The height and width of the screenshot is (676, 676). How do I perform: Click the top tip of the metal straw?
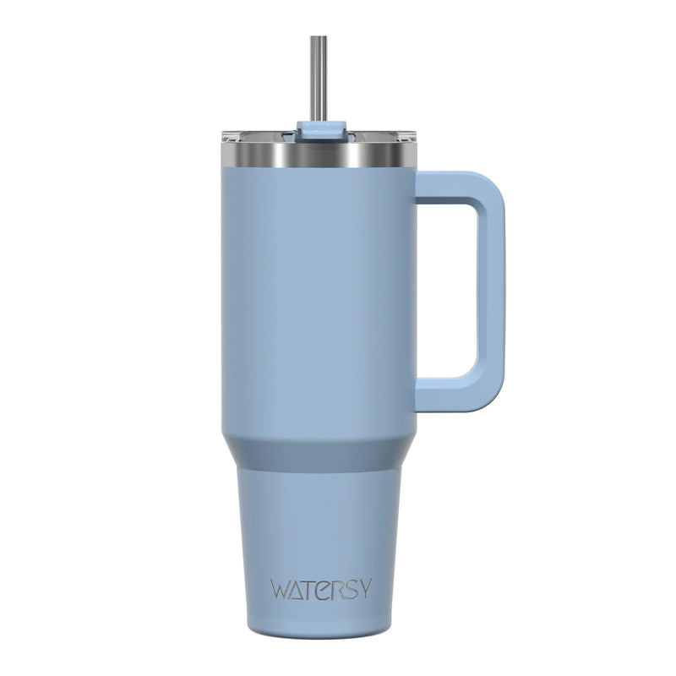319,39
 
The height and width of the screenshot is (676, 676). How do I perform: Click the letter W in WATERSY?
281,588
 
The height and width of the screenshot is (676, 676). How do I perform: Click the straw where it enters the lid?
319,118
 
